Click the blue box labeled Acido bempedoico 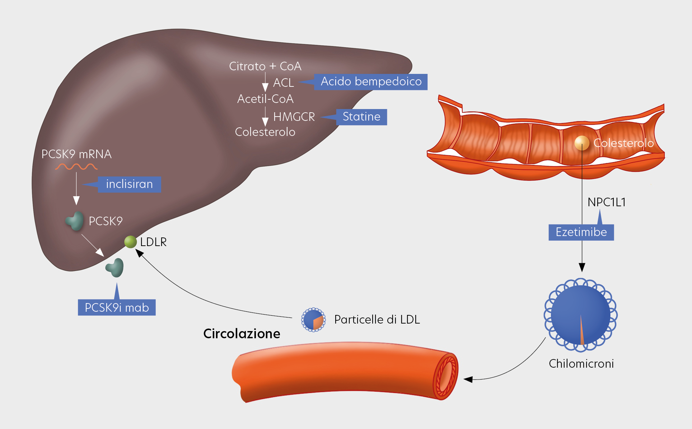click(371, 82)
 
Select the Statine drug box click(361, 117)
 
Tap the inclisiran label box click(129, 184)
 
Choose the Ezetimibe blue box click(581, 232)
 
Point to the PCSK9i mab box click(117, 308)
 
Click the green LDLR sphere click(130, 242)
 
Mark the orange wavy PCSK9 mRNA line click(76, 167)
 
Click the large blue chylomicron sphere click(580, 315)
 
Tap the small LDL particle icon click(313, 320)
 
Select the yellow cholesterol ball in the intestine click(581, 143)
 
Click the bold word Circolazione click(242, 334)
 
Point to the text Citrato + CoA click(265, 66)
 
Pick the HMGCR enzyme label click(294, 117)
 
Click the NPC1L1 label click(607, 202)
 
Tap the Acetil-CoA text click(265, 99)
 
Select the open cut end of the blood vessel click(446, 376)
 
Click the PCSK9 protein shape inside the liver click(75, 221)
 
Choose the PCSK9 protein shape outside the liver click(115, 268)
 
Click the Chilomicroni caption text click(581, 364)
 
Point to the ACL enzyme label click(284, 83)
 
